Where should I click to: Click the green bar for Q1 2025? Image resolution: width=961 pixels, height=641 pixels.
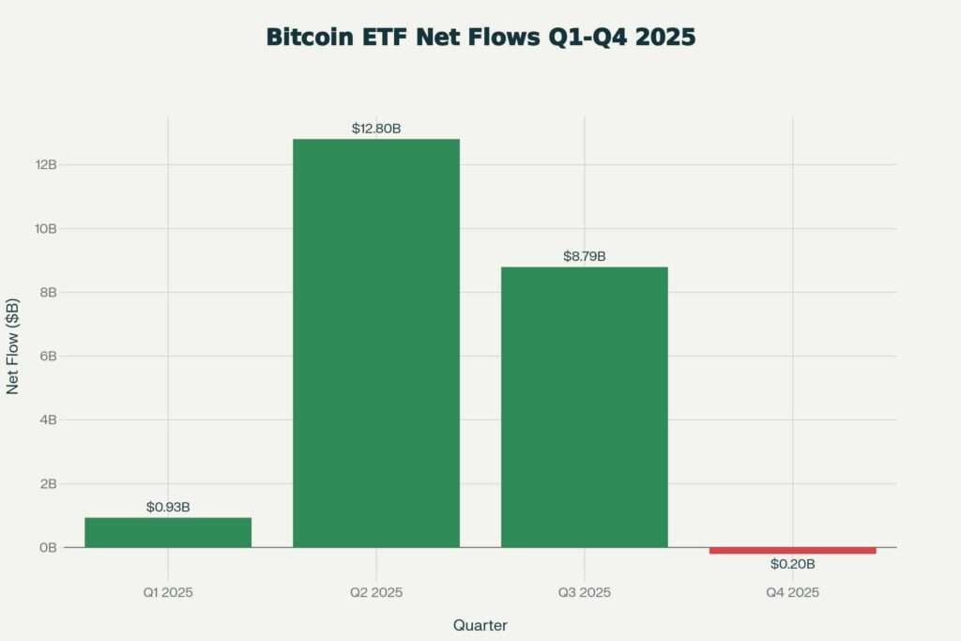coord(168,532)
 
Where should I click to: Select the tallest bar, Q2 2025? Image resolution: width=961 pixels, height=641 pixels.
coord(376,343)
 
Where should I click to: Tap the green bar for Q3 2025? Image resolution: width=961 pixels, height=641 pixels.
coord(584,406)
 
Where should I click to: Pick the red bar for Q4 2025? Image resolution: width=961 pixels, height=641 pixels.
coord(792,550)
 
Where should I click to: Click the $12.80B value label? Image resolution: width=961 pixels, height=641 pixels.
coord(376,128)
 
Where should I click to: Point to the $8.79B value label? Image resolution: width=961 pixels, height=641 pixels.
coord(584,255)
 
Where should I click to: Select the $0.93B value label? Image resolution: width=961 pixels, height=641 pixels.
coord(168,507)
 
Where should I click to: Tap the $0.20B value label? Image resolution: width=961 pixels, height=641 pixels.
coord(792,564)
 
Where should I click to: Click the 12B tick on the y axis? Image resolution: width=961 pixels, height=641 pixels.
coord(47,164)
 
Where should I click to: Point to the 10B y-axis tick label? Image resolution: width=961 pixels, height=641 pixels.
coord(47,228)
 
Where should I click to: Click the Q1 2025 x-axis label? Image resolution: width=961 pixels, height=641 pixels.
coord(168,592)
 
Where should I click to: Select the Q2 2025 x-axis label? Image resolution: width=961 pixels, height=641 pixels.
coord(376,592)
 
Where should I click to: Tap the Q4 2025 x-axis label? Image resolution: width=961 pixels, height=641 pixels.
coord(792,592)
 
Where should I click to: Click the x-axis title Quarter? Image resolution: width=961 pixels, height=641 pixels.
coord(480,624)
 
